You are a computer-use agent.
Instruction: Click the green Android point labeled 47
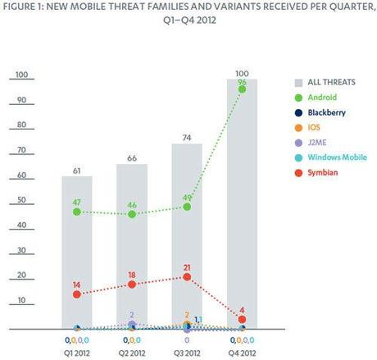click(77, 212)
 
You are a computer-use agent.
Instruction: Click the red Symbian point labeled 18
click(132, 284)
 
